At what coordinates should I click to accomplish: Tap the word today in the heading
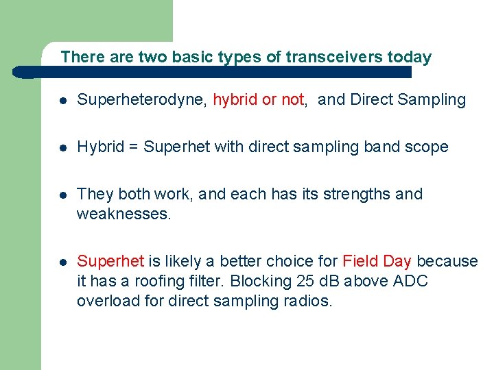(410, 57)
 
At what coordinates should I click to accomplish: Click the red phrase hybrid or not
(258, 100)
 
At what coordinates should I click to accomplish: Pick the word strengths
(357, 195)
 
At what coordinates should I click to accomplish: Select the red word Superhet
(110, 262)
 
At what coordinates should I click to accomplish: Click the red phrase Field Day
(377, 262)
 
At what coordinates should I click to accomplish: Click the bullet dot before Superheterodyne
(62, 101)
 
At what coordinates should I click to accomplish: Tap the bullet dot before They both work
(62, 195)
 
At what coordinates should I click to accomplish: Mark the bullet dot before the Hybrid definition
(62, 148)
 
